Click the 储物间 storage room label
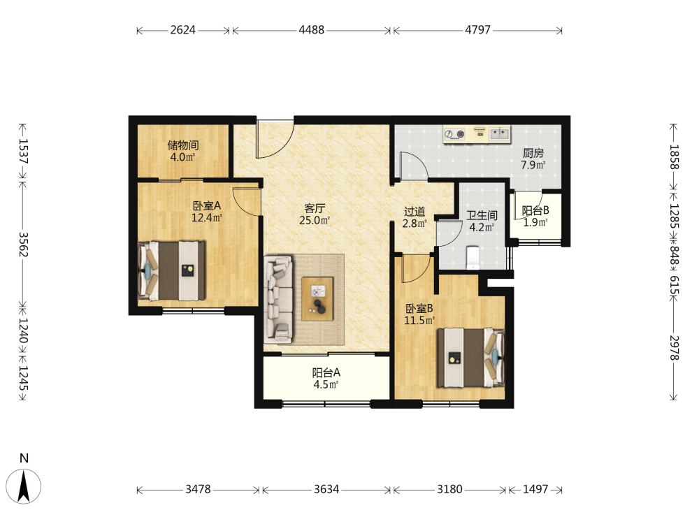183,145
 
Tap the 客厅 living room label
315,208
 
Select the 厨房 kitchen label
533,153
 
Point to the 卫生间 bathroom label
482,216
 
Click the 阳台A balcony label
326,372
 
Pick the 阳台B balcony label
535,210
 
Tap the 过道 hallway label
415,212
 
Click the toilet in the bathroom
473,258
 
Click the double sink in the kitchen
500,133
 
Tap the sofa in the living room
278,299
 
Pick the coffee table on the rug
318,299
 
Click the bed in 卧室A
172,271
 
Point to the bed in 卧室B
470,358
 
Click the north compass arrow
24,486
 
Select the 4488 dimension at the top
312,30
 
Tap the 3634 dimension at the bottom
326,489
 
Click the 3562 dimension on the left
24,245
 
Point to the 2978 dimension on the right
674,348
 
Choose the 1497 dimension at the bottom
535,489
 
